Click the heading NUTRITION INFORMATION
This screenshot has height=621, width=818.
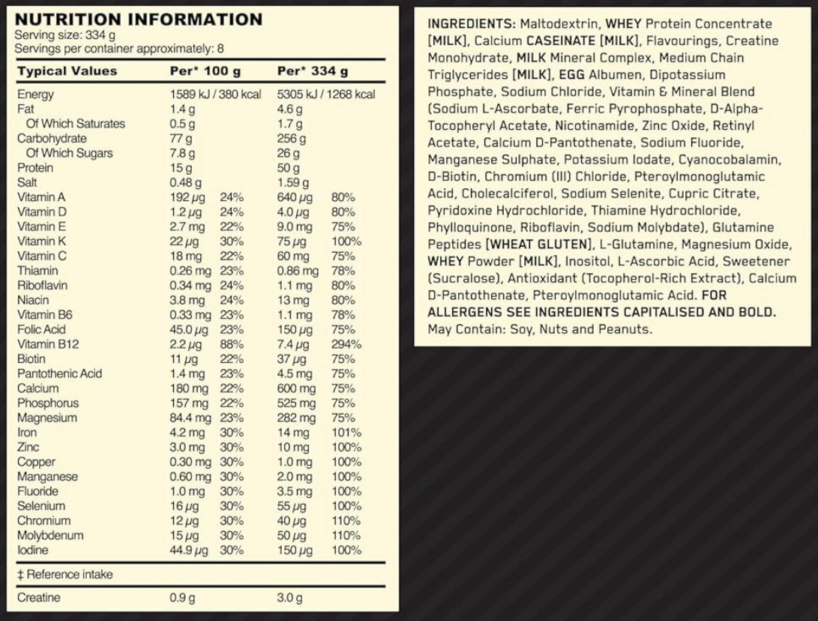[x=139, y=19]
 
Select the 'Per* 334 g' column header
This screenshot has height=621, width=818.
[x=313, y=71]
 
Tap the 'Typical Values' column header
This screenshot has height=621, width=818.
[x=67, y=71]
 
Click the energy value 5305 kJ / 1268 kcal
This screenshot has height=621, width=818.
[x=326, y=94]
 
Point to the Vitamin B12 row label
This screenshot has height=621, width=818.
[x=48, y=344]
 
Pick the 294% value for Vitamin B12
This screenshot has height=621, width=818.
[x=346, y=344]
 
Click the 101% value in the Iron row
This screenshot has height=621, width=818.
[x=346, y=433]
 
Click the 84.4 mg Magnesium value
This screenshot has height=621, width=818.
[x=187, y=418]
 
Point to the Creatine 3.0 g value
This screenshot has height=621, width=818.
[x=289, y=598]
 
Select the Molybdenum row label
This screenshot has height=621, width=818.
[x=50, y=535]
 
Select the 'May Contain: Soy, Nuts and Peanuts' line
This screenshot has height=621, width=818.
[x=540, y=329]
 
